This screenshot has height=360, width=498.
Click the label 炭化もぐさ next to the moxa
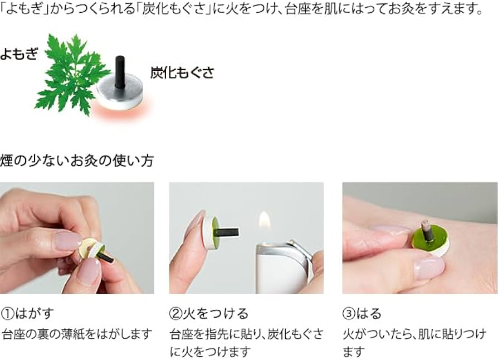[182, 72]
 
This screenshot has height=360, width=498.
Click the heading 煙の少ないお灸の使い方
[76, 161]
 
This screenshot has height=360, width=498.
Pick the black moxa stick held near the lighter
[229, 230]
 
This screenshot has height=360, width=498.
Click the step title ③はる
[362, 313]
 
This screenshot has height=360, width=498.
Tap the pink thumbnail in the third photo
[429, 269]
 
